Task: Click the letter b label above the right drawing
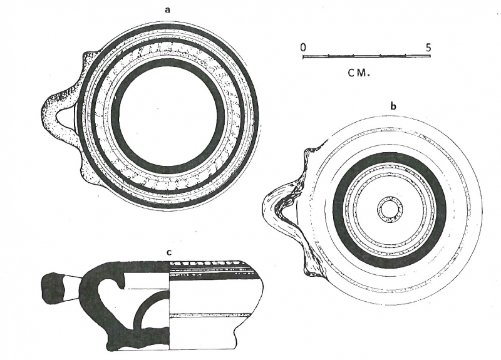pos(393,107)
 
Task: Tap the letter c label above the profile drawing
pos(169,252)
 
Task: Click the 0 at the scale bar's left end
pos(303,47)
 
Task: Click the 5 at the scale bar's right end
pos(428,47)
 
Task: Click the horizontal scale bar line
pos(366,56)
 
